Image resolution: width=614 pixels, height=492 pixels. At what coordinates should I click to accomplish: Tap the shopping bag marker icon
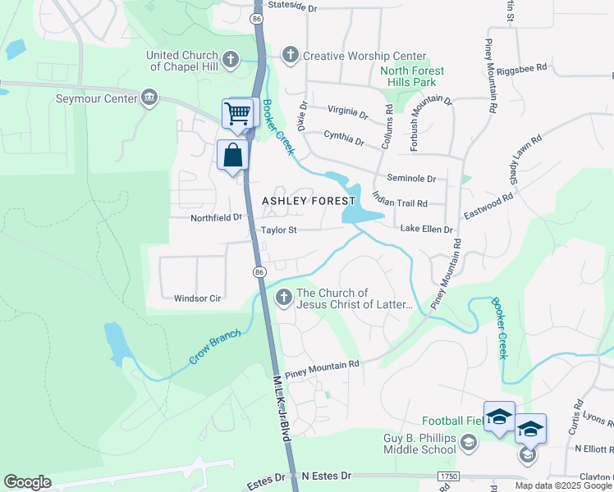pyautogui.click(x=232, y=154)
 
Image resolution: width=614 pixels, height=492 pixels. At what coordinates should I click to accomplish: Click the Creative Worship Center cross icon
pyautogui.click(x=289, y=55)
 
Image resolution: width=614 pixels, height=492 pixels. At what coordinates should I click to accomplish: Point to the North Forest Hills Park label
pyautogui.click(x=412, y=77)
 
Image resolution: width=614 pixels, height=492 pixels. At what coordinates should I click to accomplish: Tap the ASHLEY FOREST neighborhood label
pyautogui.click(x=309, y=201)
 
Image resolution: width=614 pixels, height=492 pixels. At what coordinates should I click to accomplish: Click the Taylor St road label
pyautogui.click(x=278, y=230)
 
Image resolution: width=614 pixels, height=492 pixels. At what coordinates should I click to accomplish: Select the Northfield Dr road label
pyautogui.click(x=205, y=217)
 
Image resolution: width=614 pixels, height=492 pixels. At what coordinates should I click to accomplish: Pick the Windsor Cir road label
pyautogui.click(x=198, y=298)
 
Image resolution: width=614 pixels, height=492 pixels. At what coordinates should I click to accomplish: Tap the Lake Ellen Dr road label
pyautogui.click(x=426, y=230)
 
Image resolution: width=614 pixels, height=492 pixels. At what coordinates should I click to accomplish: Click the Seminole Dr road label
pyautogui.click(x=411, y=178)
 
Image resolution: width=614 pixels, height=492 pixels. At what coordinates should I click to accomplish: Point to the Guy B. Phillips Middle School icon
pyautogui.click(x=468, y=444)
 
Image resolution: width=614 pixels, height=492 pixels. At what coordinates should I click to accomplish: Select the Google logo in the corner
pyautogui.click(x=27, y=482)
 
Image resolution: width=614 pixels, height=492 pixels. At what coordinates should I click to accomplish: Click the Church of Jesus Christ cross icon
pyautogui.click(x=283, y=298)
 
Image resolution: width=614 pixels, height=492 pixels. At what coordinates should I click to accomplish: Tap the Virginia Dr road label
pyautogui.click(x=347, y=111)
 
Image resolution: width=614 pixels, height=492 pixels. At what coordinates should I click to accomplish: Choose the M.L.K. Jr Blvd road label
pyautogui.click(x=282, y=405)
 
